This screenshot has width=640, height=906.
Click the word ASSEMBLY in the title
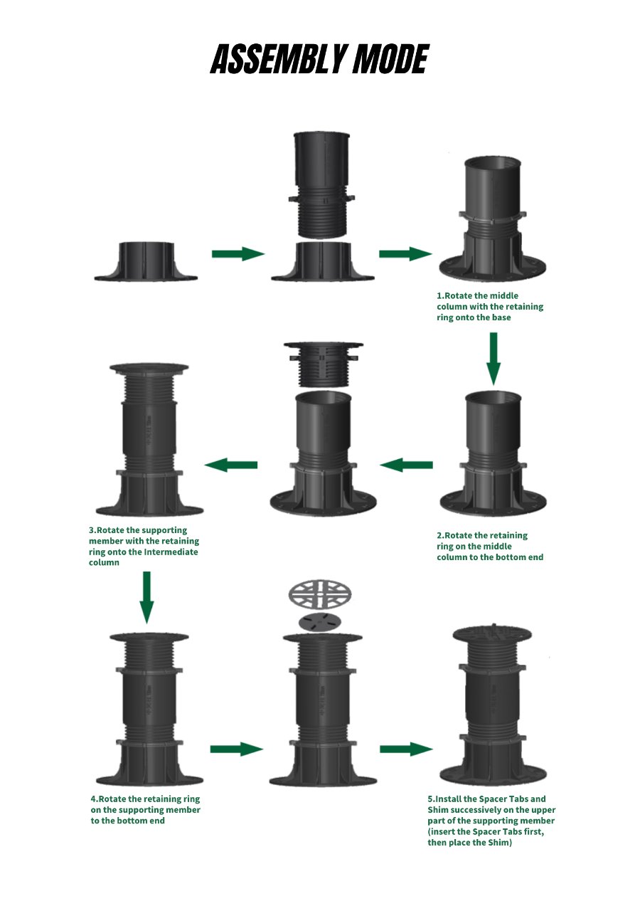coord(278,59)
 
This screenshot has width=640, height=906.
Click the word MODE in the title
coord(390,59)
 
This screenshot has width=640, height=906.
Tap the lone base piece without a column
coord(146,262)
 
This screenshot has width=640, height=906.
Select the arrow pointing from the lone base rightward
coord(238,253)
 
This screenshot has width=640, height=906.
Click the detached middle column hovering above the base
coord(321,185)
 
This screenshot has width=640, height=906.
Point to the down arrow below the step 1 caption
coord(494,359)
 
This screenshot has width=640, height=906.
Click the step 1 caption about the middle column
coord(490,307)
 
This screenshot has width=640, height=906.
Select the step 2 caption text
coord(490,546)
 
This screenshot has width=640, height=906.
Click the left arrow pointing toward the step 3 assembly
coord(230,465)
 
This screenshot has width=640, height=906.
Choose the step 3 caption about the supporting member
coord(144,546)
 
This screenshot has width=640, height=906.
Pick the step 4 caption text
coord(146,810)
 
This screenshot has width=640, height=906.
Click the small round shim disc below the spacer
coord(319,623)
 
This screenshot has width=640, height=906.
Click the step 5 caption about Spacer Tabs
coord(491,821)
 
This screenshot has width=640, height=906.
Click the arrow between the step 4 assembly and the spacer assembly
coord(236,749)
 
